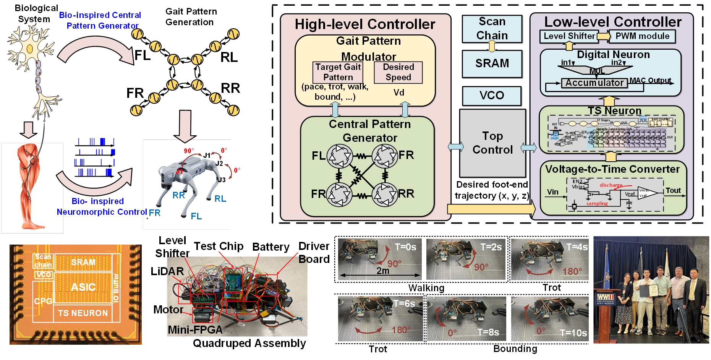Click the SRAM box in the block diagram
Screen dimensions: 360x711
pos(492,63)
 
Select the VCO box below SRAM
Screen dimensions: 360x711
pos(492,96)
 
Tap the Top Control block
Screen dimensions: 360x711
pos(492,143)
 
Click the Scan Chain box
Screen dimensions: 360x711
pos(492,29)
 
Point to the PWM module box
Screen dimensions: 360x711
pos(642,36)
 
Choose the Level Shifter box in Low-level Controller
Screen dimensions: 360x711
pos(569,36)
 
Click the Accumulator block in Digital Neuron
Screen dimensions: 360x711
pos(594,83)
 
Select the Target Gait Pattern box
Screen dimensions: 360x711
pos(338,72)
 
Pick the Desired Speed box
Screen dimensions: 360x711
pos(398,72)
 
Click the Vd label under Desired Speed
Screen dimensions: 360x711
pos(398,93)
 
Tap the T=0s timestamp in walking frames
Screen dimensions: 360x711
pos(405,247)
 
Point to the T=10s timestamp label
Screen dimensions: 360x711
pos(573,333)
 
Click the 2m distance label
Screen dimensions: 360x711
pos(383,271)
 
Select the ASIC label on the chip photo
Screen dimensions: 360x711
pos(83,287)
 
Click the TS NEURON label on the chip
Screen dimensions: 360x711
pos(83,313)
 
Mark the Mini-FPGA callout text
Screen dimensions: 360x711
pos(195,330)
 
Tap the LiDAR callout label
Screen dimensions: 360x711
pos(167,271)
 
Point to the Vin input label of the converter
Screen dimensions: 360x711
pos(552,192)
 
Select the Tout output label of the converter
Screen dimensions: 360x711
pos(673,191)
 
